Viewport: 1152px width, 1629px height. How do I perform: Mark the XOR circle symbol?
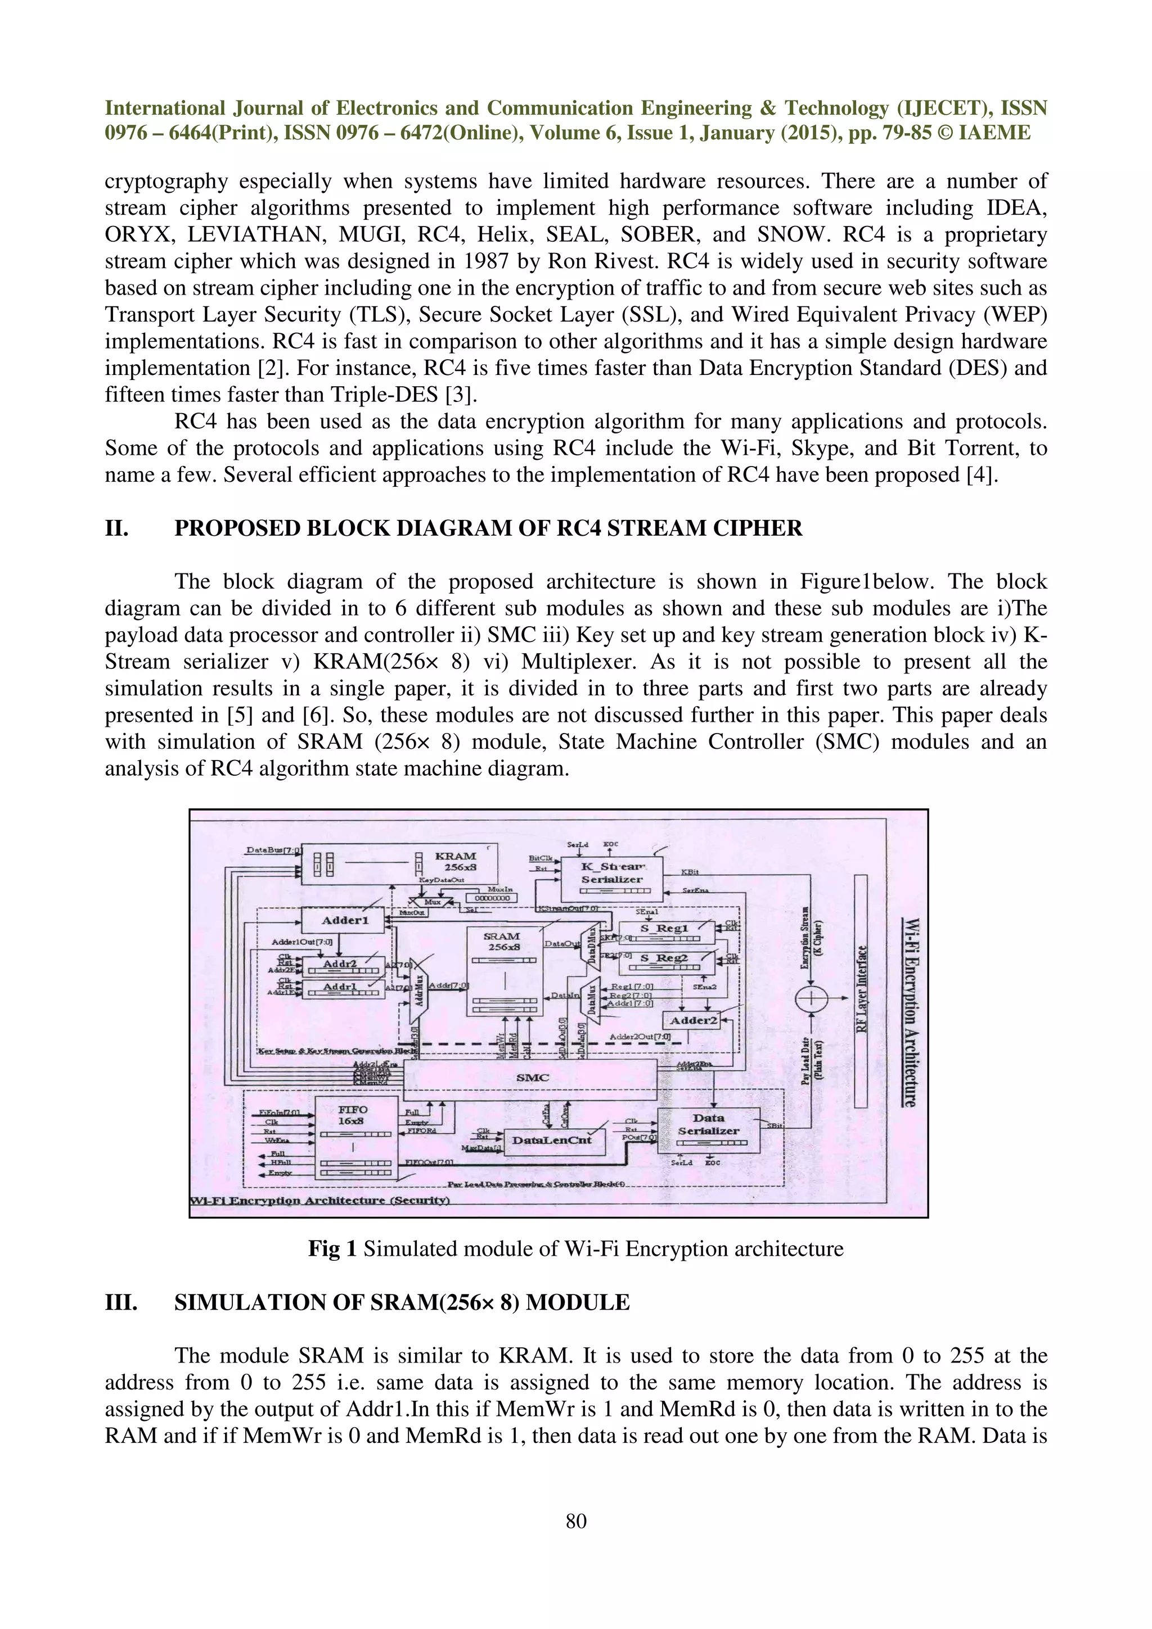click(811, 998)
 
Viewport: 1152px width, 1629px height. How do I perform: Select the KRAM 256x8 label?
click(455, 861)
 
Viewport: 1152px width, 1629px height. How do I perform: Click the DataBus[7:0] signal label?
click(274, 850)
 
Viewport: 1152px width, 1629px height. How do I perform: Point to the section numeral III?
click(121, 1302)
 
